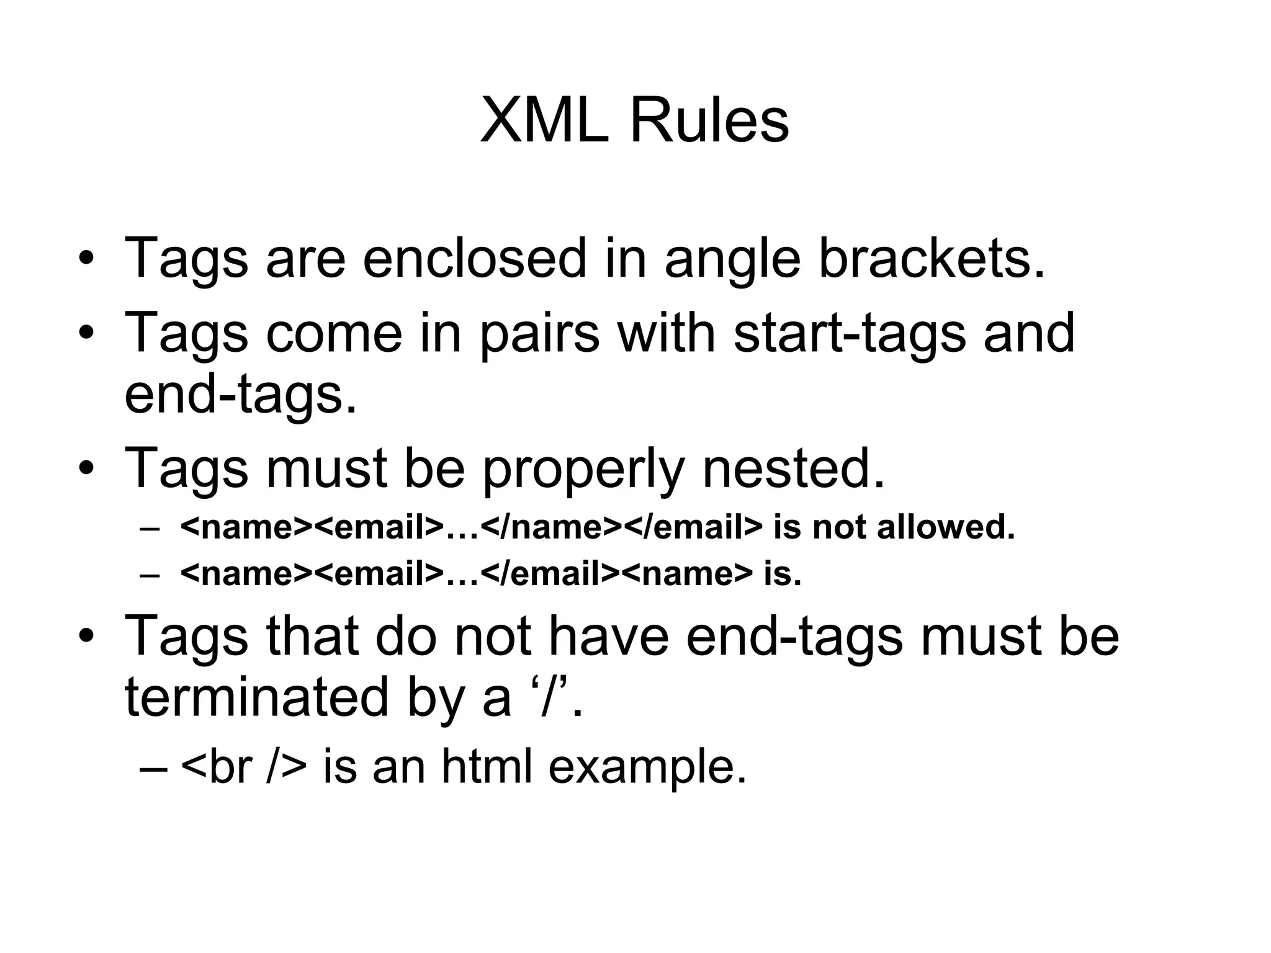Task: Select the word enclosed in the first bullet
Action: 474,259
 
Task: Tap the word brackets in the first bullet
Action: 932,259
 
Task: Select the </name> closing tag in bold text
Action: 551,528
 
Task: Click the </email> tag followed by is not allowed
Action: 692,528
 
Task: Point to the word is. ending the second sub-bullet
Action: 783,574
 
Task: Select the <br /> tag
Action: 244,768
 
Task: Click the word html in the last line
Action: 487,768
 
